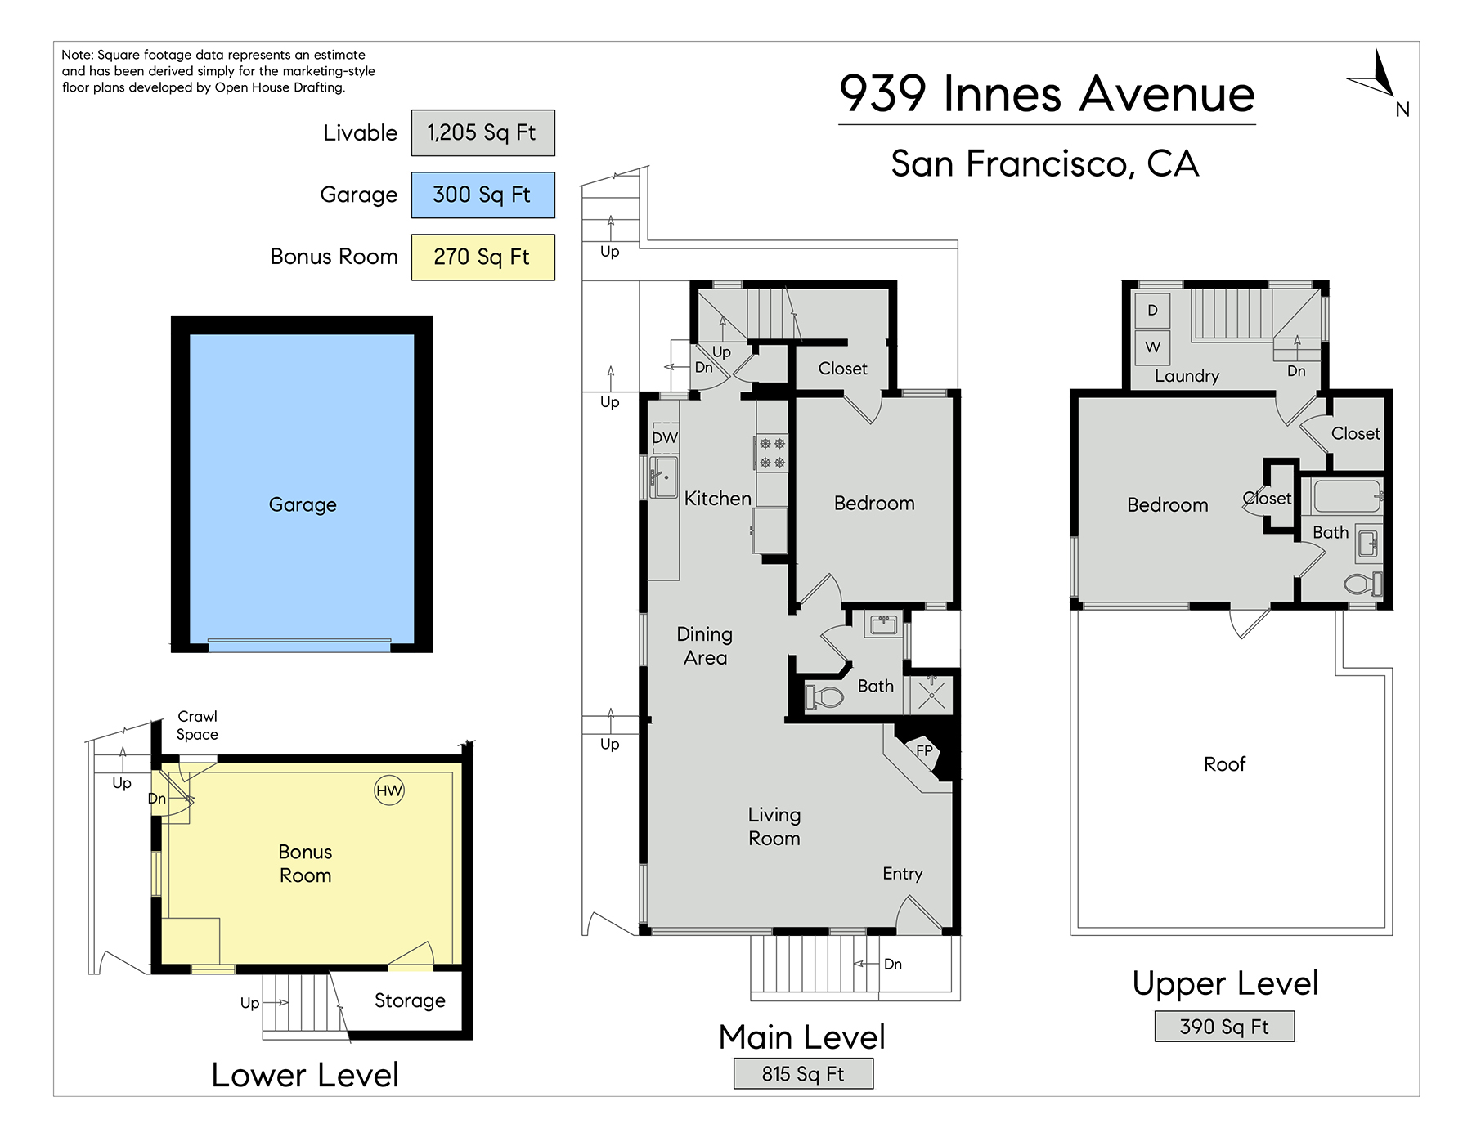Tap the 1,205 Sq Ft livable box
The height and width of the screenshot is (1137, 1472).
pyautogui.click(x=482, y=132)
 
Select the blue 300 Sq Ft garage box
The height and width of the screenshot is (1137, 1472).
pyautogui.click(x=482, y=195)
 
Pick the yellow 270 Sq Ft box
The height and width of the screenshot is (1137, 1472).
pyautogui.click(x=482, y=257)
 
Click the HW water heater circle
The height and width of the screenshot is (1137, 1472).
pyautogui.click(x=389, y=790)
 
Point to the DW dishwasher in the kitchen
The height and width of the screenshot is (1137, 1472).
pyautogui.click(x=665, y=437)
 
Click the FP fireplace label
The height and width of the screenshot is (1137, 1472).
pyautogui.click(x=924, y=750)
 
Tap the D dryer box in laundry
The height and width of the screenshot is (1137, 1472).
pyautogui.click(x=1153, y=311)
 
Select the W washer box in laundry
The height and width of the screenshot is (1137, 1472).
pyautogui.click(x=1153, y=347)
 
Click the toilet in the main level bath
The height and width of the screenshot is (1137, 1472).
pyautogui.click(x=824, y=697)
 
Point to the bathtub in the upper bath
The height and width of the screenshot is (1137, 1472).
pyautogui.click(x=1346, y=496)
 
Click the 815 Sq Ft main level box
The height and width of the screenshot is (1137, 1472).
pyautogui.click(x=803, y=1073)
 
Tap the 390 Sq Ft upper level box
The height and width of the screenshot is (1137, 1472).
pyautogui.click(x=1224, y=1027)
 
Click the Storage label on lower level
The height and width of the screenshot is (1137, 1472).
pyautogui.click(x=410, y=1000)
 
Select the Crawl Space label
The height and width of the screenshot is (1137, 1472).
pyautogui.click(x=198, y=725)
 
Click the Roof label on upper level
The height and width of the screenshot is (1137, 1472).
pyautogui.click(x=1224, y=763)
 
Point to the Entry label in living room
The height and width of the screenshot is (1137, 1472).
pyautogui.click(x=902, y=874)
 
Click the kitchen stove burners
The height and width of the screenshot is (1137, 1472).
pyautogui.click(x=772, y=453)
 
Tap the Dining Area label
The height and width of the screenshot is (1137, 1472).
pyautogui.click(x=705, y=646)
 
